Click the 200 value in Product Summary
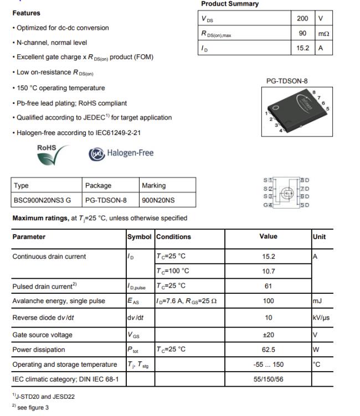[302, 18]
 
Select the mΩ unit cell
[323, 34]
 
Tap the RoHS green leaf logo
[53, 154]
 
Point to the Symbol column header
[139, 237]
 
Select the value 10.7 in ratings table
[268, 271]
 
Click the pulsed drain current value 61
[268, 286]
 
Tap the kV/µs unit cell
[321, 318]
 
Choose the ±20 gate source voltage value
[268, 335]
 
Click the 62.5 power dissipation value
[268, 350]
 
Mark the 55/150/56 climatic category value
[268, 379]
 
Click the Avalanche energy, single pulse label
[58, 301]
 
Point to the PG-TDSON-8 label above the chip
[287, 81]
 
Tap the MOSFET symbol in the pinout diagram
[286, 193]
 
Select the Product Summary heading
[229, 4]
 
